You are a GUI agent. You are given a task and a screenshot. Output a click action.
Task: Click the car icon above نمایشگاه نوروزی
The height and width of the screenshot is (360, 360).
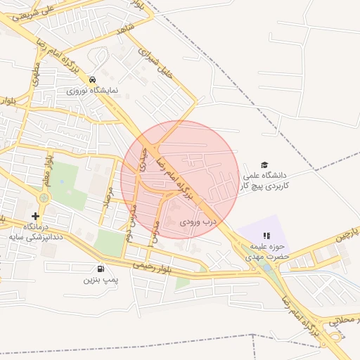tap(92, 79)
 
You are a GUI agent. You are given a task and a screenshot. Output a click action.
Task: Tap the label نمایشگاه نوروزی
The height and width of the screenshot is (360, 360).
tap(92, 91)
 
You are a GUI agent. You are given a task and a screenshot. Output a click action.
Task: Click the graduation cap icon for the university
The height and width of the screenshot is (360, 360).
tap(264, 164)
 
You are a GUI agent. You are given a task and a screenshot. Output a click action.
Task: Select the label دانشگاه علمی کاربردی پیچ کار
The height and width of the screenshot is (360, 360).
tap(265, 180)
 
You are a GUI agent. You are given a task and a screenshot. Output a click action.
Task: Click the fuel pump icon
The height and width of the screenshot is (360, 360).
tap(101, 268)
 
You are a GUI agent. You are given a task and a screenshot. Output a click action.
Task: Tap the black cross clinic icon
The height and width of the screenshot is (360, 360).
tap(36, 216)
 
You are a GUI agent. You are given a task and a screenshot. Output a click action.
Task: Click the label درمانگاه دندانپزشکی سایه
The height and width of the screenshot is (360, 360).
tap(37, 233)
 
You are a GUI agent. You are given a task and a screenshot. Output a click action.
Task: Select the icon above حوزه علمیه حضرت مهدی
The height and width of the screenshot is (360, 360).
tap(266, 236)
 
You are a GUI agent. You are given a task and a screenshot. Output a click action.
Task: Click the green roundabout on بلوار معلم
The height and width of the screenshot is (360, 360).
tap(44, 198)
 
